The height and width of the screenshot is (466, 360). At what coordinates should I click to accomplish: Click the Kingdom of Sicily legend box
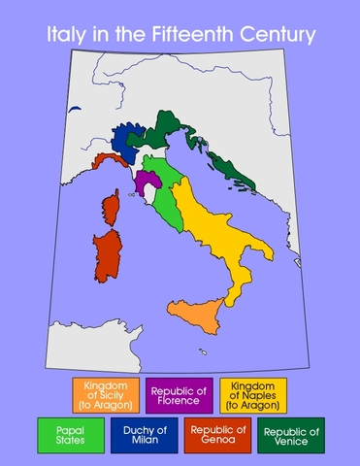click(105, 395)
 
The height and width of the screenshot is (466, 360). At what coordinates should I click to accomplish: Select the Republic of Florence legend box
click(180, 395)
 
